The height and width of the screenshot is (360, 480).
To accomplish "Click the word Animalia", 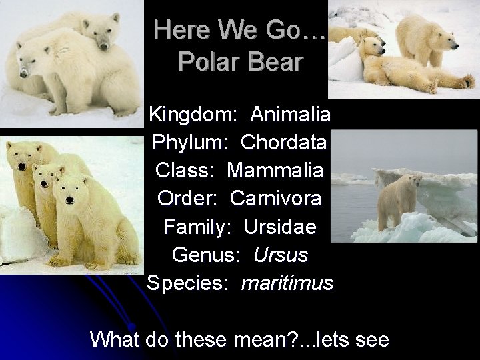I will [291, 114].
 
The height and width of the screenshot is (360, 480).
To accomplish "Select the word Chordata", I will [284, 142].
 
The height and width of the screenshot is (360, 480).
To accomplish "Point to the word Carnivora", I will [276, 198].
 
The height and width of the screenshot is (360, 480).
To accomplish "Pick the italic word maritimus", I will [287, 283].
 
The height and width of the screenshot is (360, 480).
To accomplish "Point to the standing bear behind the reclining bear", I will [420, 33].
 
